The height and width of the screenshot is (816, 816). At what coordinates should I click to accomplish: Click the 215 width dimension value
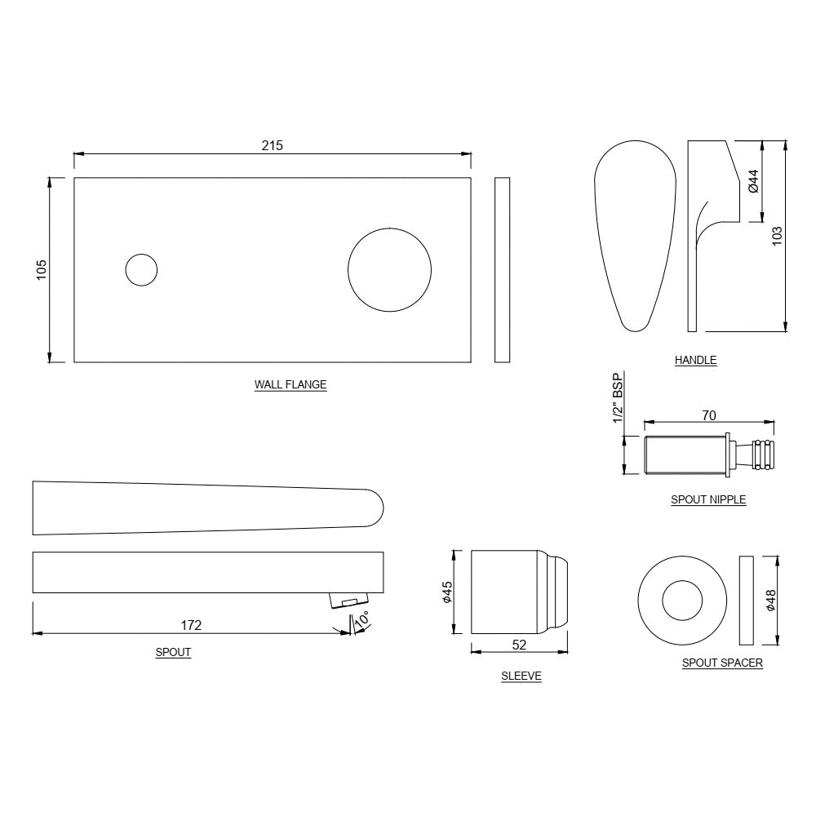pos(272,145)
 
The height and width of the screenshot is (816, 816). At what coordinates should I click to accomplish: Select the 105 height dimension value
pos(42,270)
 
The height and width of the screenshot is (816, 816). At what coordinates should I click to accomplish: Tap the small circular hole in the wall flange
pos(141,270)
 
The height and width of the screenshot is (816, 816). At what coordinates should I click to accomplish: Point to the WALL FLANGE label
pos(290,385)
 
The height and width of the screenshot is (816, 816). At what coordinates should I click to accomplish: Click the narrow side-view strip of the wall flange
pos(502,270)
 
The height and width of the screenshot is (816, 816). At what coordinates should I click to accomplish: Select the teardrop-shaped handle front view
pos(635,237)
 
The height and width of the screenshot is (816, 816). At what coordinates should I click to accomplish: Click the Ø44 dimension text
pos(753,181)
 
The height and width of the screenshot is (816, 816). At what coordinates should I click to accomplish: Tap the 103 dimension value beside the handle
pos(777,236)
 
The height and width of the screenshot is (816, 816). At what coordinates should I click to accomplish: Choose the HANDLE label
pos(695,360)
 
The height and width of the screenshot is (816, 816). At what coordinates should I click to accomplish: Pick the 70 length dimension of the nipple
pos(708,416)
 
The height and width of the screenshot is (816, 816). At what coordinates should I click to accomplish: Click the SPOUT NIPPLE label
pos(708,499)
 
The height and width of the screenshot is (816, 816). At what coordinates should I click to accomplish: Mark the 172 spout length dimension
pos(191,625)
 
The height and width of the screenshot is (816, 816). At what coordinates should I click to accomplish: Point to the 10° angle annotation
pos(361,619)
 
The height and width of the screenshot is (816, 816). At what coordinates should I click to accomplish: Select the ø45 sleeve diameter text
pos(446,592)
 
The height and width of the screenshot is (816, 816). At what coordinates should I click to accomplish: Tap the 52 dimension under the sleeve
pos(519,645)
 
